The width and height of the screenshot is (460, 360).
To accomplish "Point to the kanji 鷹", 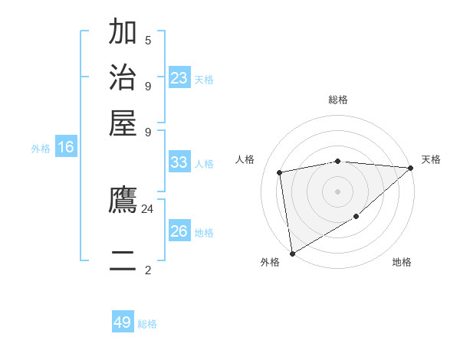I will pyautogui.click(x=123, y=200).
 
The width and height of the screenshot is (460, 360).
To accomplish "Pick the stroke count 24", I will pyautogui.click(x=148, y=208).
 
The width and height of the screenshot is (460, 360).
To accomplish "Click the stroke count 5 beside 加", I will pyautogui.click(x=148, y=40).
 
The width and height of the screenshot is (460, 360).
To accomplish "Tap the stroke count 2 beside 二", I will pyautogui.click(x=148, y=270).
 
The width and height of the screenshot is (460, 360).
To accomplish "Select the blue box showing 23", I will pyautogui.click(x=179, y=77).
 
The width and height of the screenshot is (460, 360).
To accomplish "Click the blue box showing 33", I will pyautogui.click(x=179, y=162).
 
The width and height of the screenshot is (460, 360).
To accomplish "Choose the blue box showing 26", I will pyautogui.click(x=179, y=231).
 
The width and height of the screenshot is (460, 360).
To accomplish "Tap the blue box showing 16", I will pyautogui.click(x=66, y=148).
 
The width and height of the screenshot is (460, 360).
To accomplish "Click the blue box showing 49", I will pyautogui.click(x=123, y=322).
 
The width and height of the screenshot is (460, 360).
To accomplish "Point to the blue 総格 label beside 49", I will pyautogui.click(x=148, y=324).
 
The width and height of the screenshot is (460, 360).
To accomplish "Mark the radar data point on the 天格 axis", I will pyautogui.click(x=410, y=169).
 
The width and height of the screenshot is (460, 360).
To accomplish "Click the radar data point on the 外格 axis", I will pyautogui.click(x=292, y=253).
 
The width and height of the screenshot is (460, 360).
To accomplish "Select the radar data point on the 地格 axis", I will pyautogui.click(x=356, y=218).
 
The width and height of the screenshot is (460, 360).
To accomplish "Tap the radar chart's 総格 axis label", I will pyautogui.click(x=337, y=100).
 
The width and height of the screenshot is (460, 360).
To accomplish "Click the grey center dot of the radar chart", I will pyautogui.click(x=337, y=190).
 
